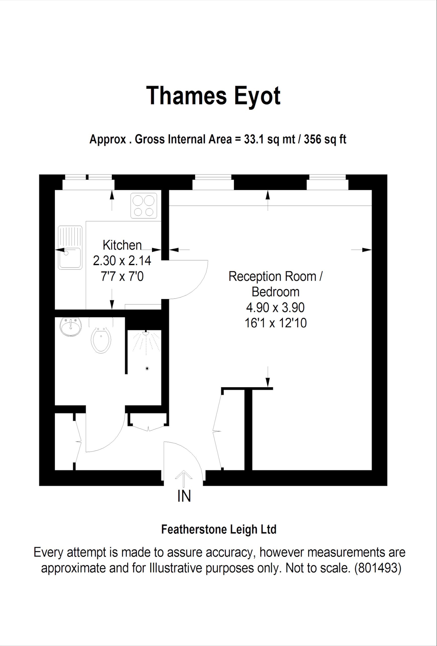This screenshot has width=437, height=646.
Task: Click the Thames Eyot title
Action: coord(213,96)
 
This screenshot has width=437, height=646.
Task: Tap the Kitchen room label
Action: coord(122,245)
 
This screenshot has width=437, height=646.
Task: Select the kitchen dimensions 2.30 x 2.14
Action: coord(122,261)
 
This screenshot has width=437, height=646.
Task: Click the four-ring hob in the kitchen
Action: coord(144,206)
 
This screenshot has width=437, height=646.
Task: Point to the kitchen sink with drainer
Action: coord(70,247)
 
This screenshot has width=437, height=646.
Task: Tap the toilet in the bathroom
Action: coord(101,340)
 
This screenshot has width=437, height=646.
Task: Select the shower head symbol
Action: coord(146,332)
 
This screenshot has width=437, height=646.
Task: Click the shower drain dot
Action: coord(147,369)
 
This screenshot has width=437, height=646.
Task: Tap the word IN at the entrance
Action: coord(184,496)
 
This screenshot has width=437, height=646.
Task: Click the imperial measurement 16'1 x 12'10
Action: coord(275,323)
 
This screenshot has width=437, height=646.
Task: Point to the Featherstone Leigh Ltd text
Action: coord(219,530)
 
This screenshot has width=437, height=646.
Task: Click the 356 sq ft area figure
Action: coord(325,139)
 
